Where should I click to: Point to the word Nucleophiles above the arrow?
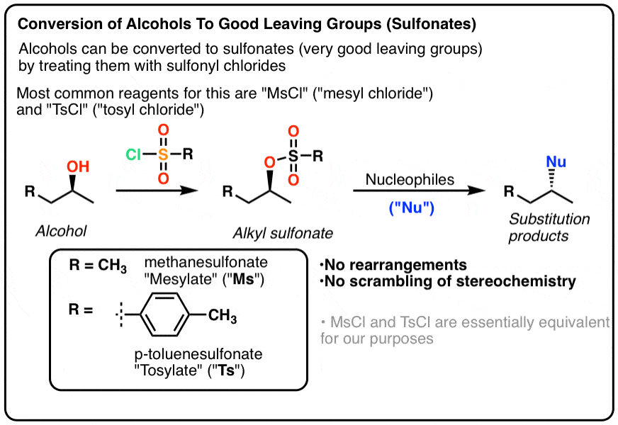click(x=410, y=179)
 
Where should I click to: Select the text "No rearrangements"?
click(x=394, y=265)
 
